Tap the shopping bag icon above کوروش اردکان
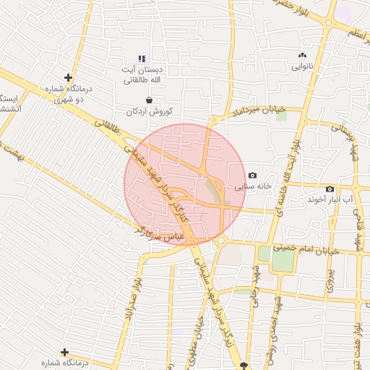(x=149, y=100)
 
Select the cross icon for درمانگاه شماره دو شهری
(x=68, y=77)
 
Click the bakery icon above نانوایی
(x=302, y=55)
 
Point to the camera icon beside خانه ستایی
(x=252, y=176)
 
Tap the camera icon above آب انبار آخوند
(x=330, y=189)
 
